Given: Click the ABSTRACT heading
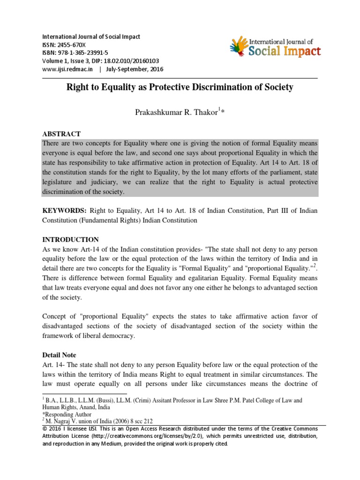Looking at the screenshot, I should pyautogui.click(x=61, y=134).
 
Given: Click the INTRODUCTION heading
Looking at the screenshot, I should pyautogui.click(x=70, y=240).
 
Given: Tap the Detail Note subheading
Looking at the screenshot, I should pyautogui.click(x=60, y=355).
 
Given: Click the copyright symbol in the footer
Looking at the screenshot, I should pyautogui.click(x=45, y=429).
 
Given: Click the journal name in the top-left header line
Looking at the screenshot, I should pyautogui.click(x=91, y=37).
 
